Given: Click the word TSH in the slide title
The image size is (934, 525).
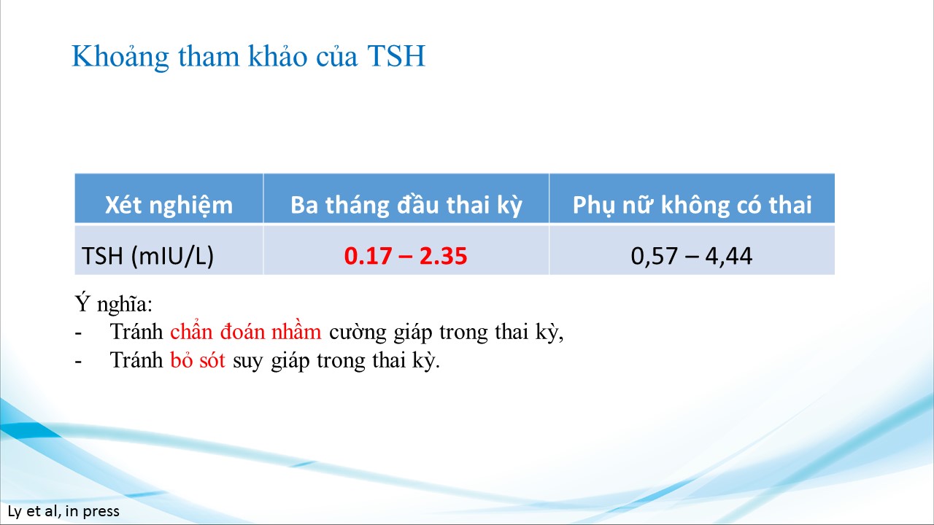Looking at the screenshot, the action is tap(396, 56).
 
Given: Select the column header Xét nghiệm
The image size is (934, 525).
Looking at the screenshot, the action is tap(169, 205).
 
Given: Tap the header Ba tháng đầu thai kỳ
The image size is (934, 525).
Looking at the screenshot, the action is tap(406, 205).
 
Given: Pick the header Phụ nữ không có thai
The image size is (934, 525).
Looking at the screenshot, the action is tap(692, 205).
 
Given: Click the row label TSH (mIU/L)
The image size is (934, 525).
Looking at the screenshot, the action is tap(147, 255).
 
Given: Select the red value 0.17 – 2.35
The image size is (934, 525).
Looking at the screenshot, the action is tap(406, 256).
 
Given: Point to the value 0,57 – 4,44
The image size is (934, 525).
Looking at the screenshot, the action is tap(691, 256).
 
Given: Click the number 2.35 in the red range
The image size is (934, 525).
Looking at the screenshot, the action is tap(443, 256).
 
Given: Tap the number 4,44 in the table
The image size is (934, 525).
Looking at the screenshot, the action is tap(729, 256).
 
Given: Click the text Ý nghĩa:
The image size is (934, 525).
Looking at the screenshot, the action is tap(114, 304).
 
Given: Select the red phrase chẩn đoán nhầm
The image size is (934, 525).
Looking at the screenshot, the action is tap(246, 332).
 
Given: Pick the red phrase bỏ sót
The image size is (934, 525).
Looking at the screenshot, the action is tap(198, 360).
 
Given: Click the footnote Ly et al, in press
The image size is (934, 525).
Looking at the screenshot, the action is tap(63, 511).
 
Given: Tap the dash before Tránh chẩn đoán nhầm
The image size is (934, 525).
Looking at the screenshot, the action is tap(78, 333).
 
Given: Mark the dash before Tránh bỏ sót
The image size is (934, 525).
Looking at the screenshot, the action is tap(78, 362).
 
